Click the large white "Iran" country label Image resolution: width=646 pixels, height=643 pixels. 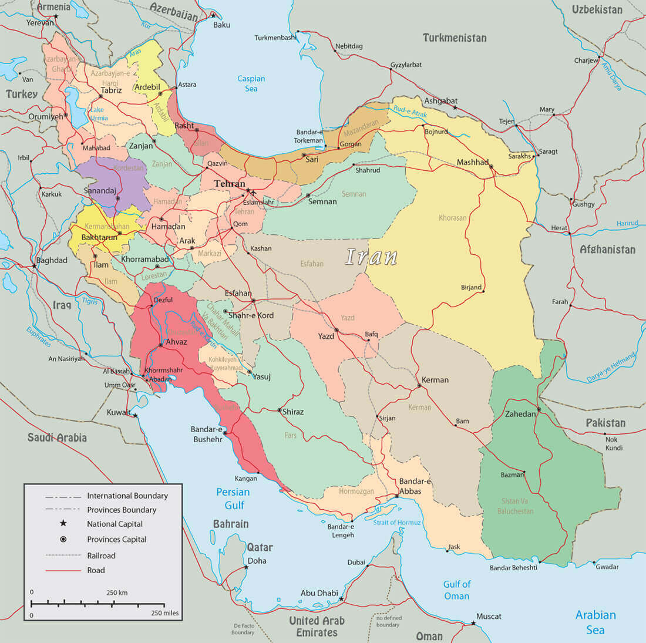(x=371, y=257)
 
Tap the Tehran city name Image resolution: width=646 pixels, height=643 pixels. (x=229, y=184)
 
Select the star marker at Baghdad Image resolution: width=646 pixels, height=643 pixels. (x=35, y=266)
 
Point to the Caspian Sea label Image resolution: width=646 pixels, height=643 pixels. (x=251, y=83)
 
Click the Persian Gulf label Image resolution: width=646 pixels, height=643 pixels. (x=233, y=499)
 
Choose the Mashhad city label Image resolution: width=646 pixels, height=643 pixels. (x=473, y=162)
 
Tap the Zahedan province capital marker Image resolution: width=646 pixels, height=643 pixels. (x=539, y=409)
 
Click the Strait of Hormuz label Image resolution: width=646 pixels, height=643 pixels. (x=397, y=523)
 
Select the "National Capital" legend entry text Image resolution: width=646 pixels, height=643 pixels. (x=115, y=524)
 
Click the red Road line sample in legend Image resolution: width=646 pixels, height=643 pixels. (x=63, y=570)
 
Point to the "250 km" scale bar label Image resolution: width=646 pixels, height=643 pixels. (x=117, y=592)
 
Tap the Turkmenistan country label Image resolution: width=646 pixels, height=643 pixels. (x=455, y=38)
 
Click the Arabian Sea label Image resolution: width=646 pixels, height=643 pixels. (x=595, y=622)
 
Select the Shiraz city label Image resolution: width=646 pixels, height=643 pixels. (x=293, y=412)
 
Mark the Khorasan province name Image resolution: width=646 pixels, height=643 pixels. (x=452, y=218)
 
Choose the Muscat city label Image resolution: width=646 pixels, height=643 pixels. (x=489, y=616)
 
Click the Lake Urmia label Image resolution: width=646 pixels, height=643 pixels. (x=98, y=114)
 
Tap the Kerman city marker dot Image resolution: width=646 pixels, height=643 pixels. (x=419, y=386)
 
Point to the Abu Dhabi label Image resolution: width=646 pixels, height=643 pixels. (x=319, y=593)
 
